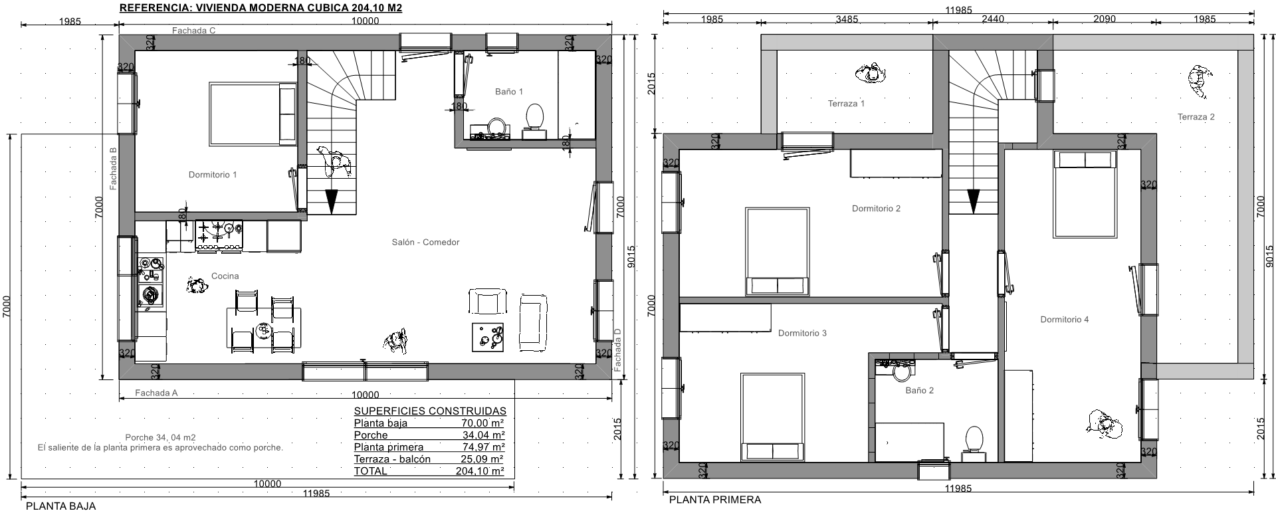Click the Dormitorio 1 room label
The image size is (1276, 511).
[x=213, y=175]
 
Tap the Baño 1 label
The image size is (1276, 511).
[x=509, y=92]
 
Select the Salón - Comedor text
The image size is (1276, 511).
[x=425, y=243]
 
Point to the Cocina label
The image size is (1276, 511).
[x=225, y=276]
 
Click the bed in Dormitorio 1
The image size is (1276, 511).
[x=253, y=113]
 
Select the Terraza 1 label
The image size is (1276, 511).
[x=846, y=104]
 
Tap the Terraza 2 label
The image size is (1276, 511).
[x=1196, y=117]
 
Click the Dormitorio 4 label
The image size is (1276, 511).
[x=1065, y=320]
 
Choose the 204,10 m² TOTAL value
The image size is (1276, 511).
[x=482, y=471]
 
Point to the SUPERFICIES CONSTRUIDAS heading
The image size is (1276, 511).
[x=430, y=411]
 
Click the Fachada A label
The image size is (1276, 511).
[x=156, y=393]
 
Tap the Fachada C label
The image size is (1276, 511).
[x=193, y=31]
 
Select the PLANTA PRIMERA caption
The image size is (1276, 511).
[x=715, y=500]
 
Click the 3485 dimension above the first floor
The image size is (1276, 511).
[x=847, y=19]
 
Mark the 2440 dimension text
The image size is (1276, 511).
[x=992, y=19]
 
